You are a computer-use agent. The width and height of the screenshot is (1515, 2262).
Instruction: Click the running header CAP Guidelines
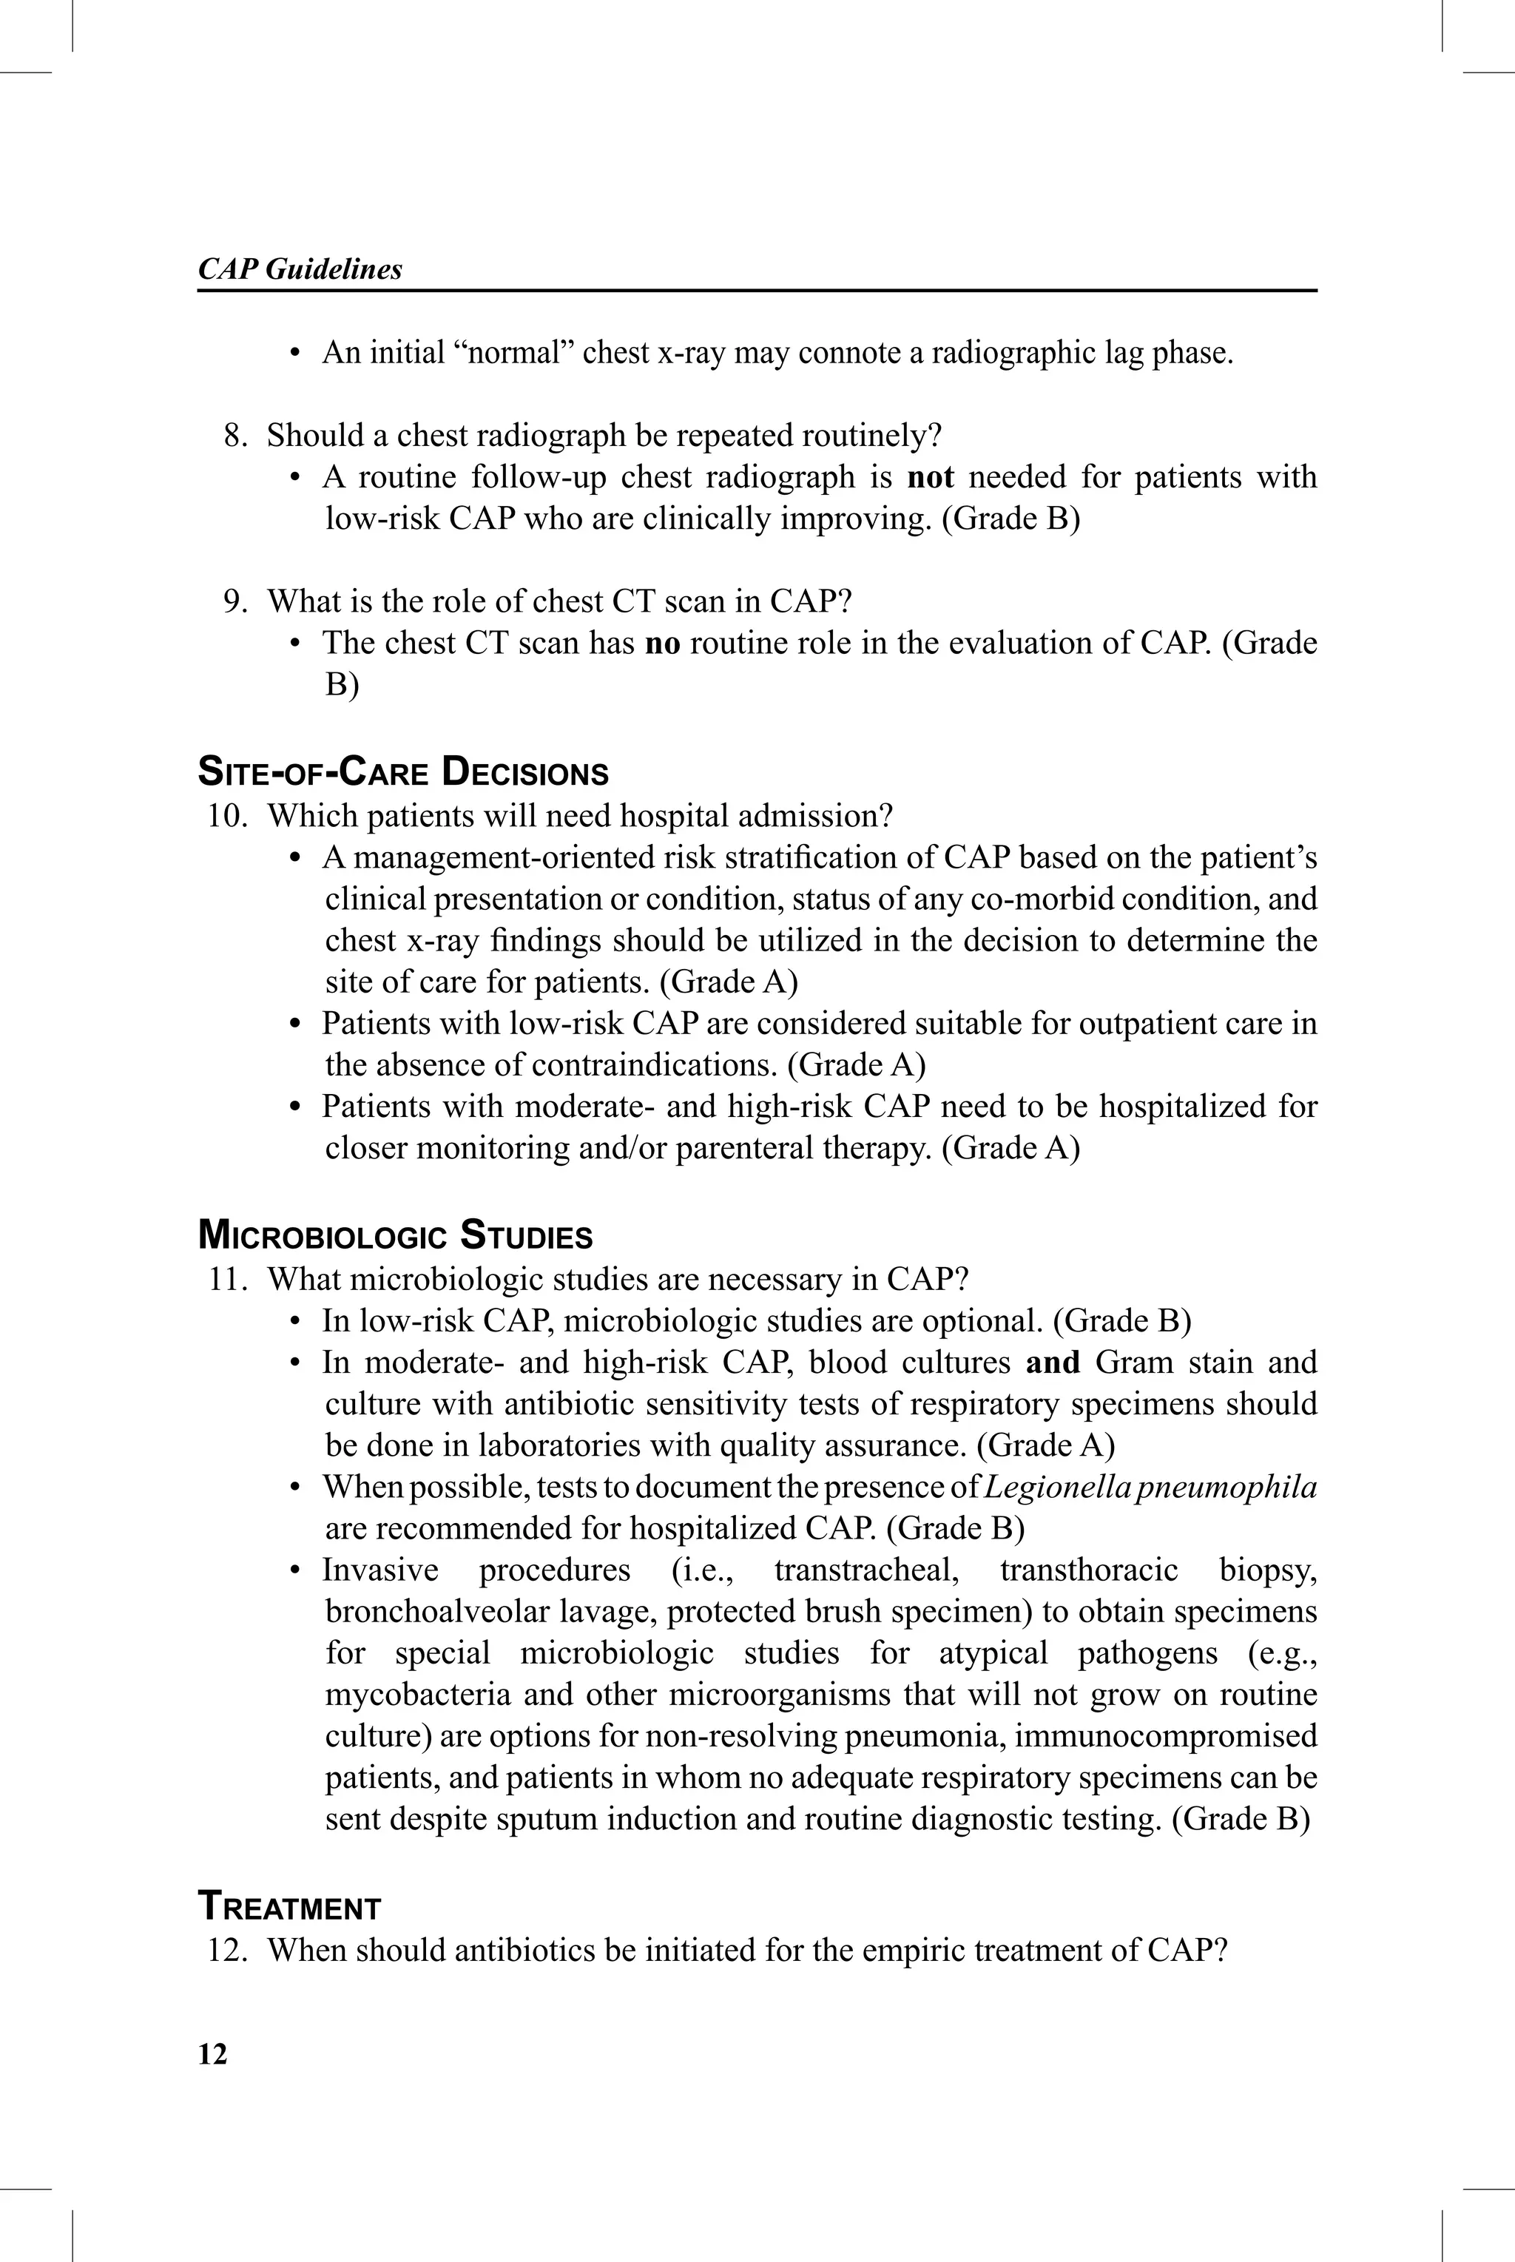click(x=300, y=269)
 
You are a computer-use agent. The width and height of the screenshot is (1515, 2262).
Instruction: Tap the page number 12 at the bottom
click(x=212, y=2054)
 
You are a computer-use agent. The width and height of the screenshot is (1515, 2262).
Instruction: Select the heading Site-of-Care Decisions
click(x=403, y=773)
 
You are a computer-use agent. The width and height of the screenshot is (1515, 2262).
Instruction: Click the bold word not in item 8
click(x=931, y=477)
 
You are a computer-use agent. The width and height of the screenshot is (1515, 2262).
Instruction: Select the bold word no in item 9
click(x=662, y=644)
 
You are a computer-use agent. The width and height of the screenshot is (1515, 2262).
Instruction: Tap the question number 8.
click(x=234, y=436)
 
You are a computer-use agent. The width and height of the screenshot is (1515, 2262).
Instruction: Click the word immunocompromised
click(x=1165, y=1735)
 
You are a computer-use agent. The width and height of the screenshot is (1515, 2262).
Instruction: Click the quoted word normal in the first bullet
click(x=514, y=353)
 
